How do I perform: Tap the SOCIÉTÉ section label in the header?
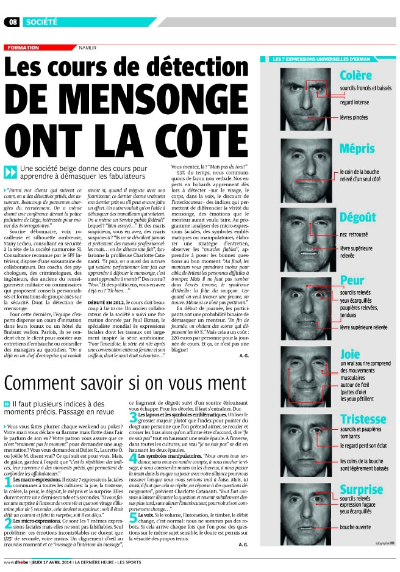[42, 22]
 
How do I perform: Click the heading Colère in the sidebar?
[356, 76]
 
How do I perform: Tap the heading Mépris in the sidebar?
[357, 148]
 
